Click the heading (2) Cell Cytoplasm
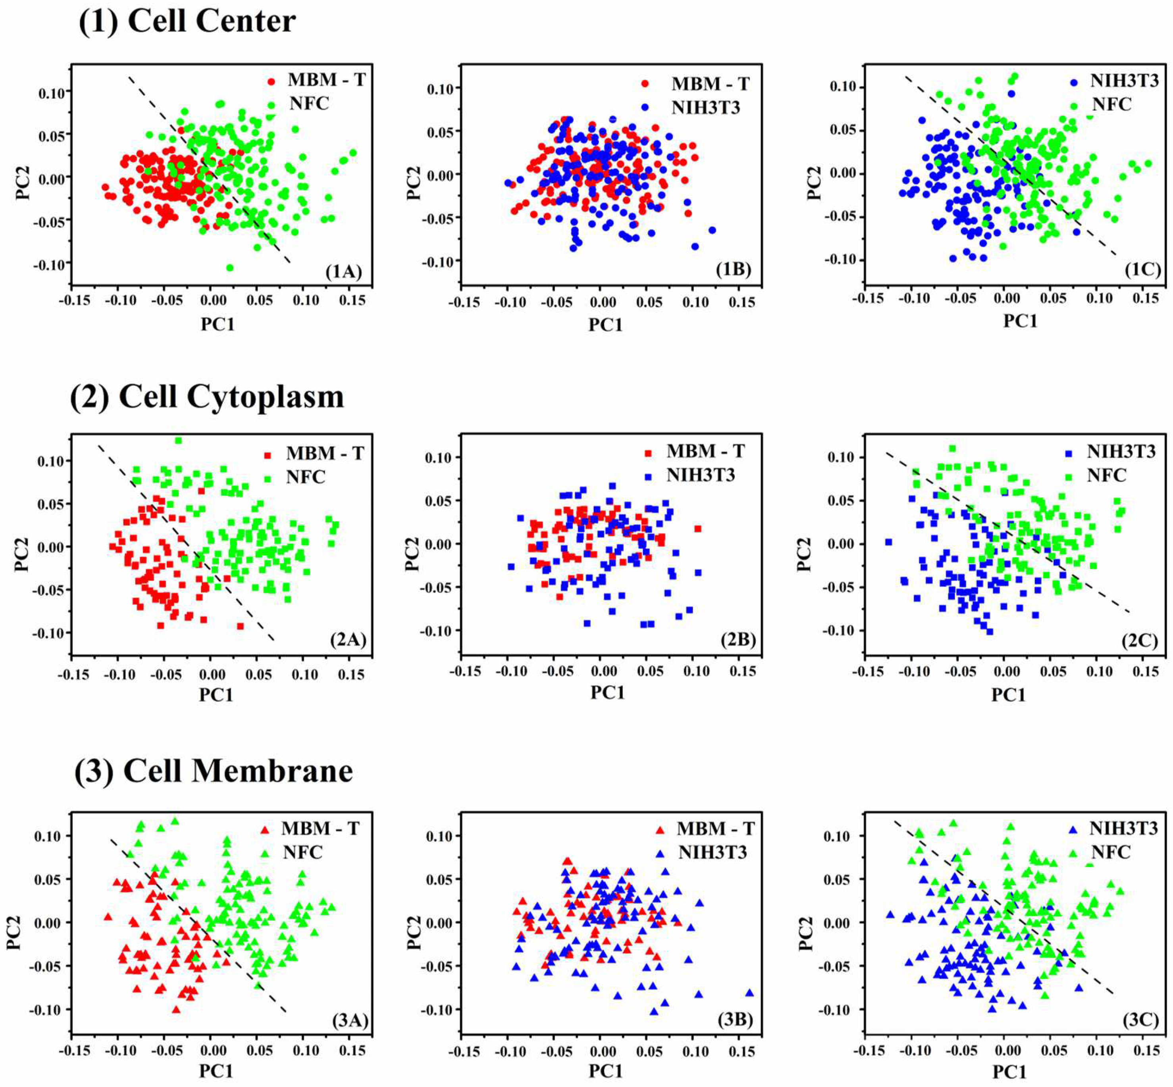(x=207, y=396)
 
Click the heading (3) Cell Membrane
(x=214, y=771)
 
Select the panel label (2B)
(x=738, y=639)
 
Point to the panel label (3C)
(x=1140, y=1020)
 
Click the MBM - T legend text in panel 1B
(x=710, y=84)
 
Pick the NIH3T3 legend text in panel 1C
(x=1124, y=81)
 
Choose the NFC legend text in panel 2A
(x=305, y=477)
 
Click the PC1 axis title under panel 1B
(x=605, y=324)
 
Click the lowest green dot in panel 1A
(x=230, y=267)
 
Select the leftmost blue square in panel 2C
(x=888, y=542)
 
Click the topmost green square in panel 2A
(x=178, y=441)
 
